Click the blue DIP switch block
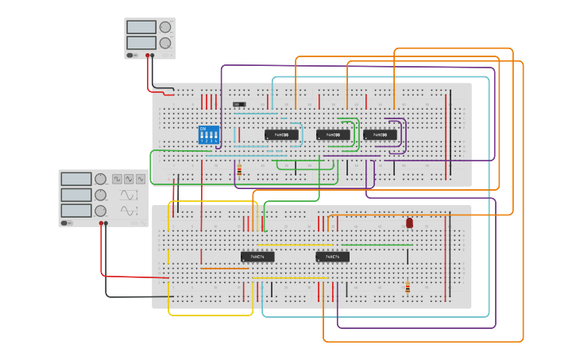(209, 134)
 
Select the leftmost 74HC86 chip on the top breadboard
(281, 135)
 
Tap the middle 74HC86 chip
(333, 135)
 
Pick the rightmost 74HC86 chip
(380, 135)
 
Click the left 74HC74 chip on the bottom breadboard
(257, 257)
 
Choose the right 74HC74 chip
(332, 257)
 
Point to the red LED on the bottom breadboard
(409, 223)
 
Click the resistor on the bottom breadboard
(408, 288)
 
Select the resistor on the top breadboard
(239, 169)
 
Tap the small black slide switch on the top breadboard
(239, 104)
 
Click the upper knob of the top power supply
(165, 26)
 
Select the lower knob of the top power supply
(165, 42)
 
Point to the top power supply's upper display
(141, 27)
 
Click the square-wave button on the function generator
(117, 180)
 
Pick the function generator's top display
(76, 180)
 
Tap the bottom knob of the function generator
(100, 211)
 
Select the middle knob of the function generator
(100, 195)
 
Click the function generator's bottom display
(76, 211)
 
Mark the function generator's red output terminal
(102, 223)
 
